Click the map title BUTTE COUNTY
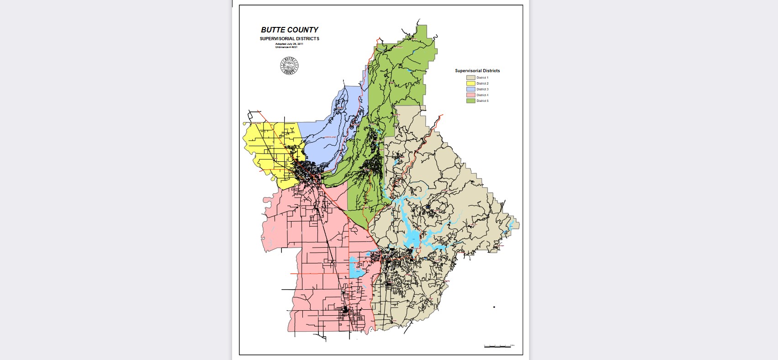tap(289, 30)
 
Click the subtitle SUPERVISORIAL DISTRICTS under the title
tap(289, 39)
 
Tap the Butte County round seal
tap(289, 66)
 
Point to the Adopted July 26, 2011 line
tap(289, 44)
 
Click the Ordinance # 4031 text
tap(289, 47)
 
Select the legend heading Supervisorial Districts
tap(477, 71)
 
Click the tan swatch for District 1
tap(471, 78)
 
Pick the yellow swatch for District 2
tap(471, 84)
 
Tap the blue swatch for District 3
tap(471, 89)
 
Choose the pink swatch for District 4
tap(471, 95)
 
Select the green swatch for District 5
tap(471, 101)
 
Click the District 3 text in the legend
tap(482, 89)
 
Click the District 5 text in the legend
tap(482, 101)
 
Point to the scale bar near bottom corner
tap(498, 346)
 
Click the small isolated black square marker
tap(494, 307)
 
